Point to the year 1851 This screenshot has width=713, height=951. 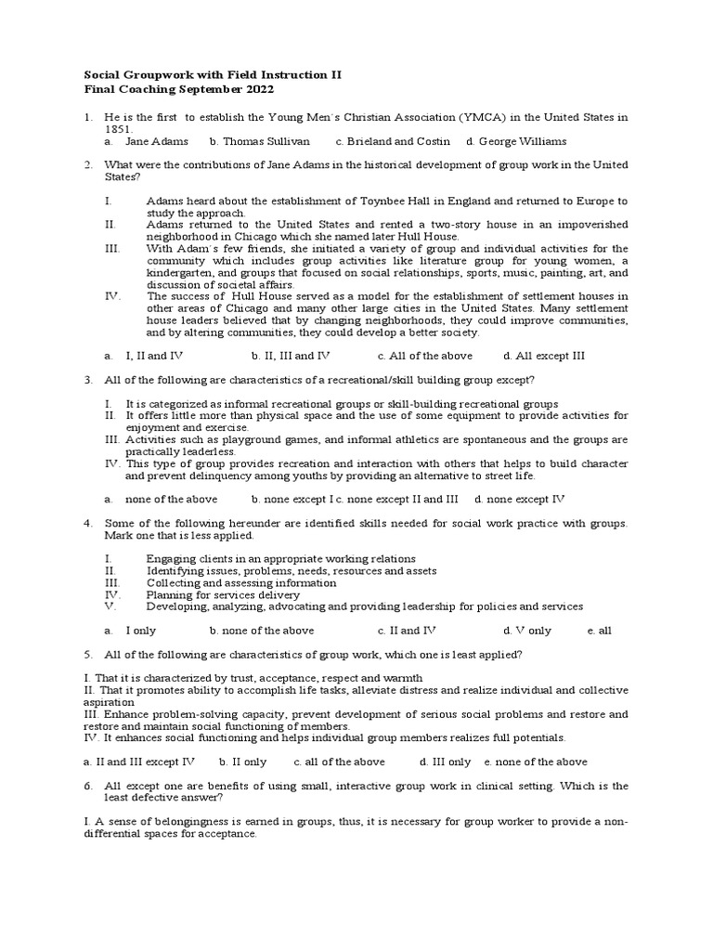(x=116, y=129)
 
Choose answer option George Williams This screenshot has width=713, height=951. (x=522, y=141)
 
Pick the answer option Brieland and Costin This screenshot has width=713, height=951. (x=398, y=141)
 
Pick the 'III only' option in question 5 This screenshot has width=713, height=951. (x=452, y=762)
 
